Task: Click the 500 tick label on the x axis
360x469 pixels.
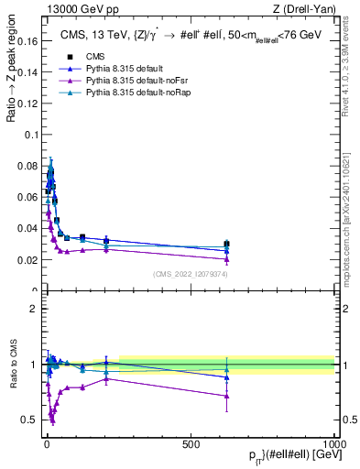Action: pyautogui.click(x=191, y=443)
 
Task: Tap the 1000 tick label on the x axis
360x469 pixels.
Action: pyautogui.click(x=334, y=443)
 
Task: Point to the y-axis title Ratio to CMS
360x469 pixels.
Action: pyautogui.click(x=13, y=365)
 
